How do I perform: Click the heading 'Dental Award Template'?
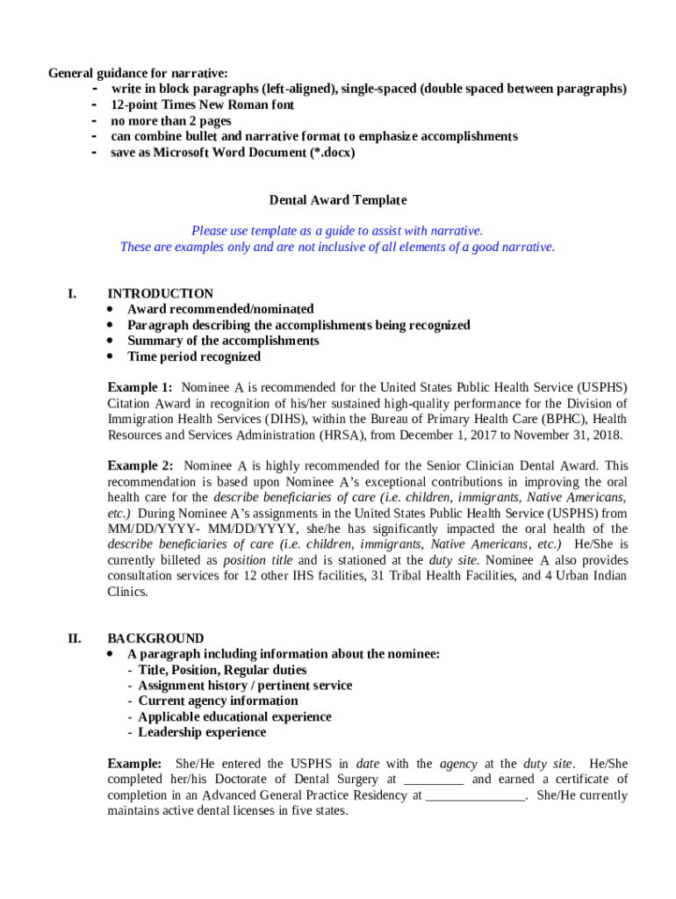337,200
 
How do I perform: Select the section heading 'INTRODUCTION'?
160,293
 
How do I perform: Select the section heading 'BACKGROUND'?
155,638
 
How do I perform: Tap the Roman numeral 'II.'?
75,638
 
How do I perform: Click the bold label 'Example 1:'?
140,387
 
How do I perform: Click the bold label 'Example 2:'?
140,465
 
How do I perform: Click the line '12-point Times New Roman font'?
202,104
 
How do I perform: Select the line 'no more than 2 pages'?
170,120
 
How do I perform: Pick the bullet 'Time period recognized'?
194,356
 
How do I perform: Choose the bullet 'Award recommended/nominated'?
220,309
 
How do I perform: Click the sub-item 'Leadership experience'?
202,732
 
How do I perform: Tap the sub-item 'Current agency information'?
218,701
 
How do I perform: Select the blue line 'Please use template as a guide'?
337,231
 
